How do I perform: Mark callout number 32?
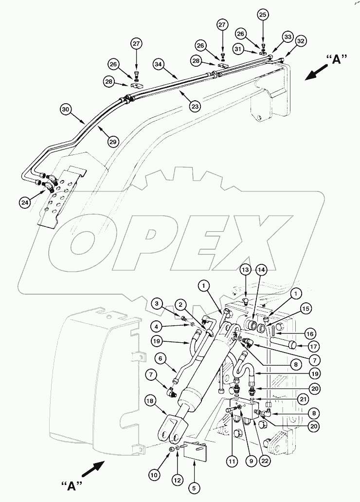tap(301, 42)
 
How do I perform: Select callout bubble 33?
tap(288, 37)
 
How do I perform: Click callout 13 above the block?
tap(245, 271)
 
